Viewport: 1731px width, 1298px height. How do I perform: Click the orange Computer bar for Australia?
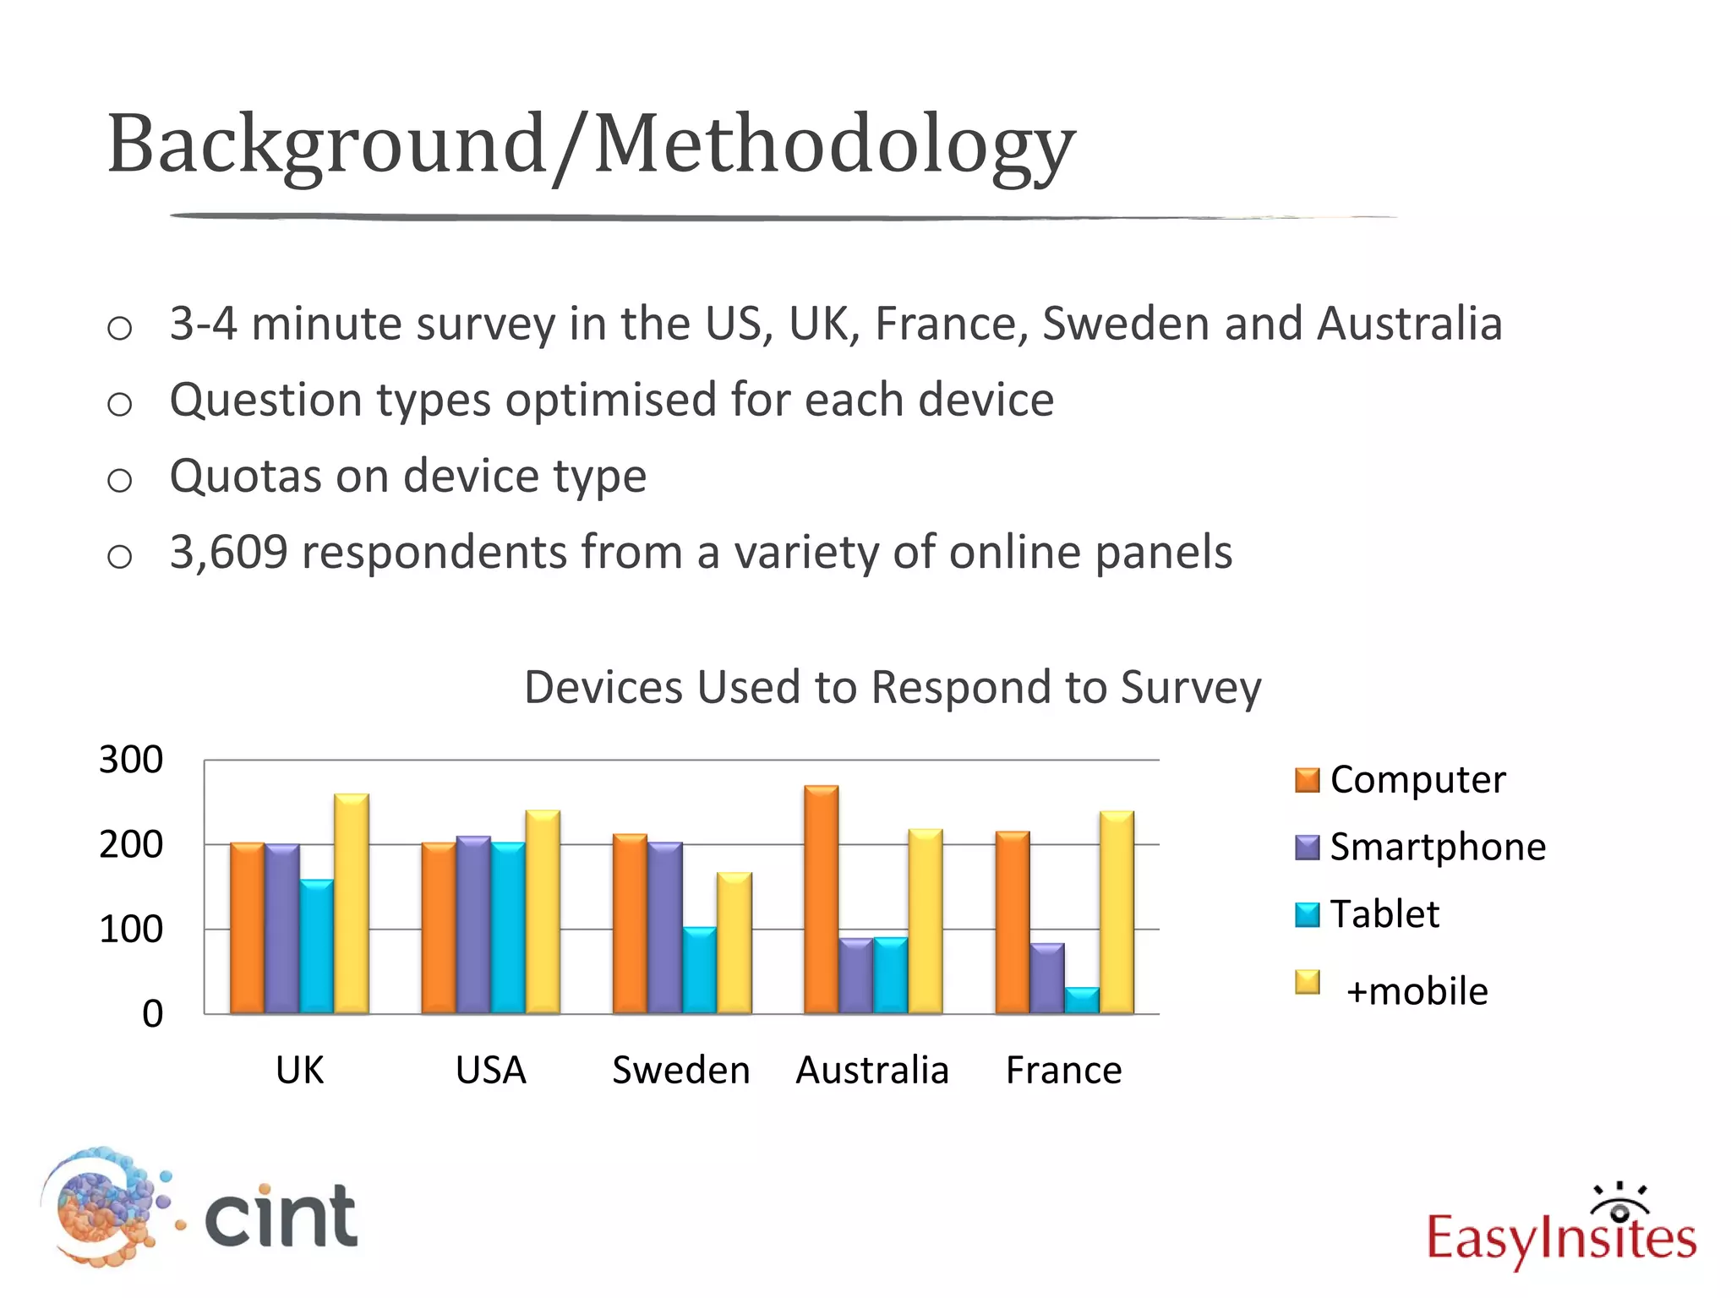(821, 899)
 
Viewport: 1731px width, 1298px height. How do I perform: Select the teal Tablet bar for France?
(1082, 1000)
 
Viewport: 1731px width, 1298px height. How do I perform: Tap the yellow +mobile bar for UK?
(351, 903)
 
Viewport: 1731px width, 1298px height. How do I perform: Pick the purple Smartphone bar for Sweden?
(665, 927)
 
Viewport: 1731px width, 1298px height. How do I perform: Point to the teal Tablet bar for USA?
(508, 927)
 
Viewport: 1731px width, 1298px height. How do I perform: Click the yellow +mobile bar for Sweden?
(734, 942)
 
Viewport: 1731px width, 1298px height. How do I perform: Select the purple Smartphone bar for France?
(1047, 978)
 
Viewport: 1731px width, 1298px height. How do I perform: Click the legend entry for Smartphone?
(1437, 847)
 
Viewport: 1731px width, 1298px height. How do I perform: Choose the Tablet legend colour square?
(1307, 914)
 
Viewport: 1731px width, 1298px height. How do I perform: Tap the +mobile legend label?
(1417, 990)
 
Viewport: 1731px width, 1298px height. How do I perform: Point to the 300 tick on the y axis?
(131, 760)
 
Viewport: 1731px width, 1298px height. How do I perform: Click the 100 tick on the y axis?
(131, 929)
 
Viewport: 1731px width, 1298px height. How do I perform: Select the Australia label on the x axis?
(872, 1070)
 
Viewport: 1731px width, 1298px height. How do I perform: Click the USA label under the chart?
(490, 1070)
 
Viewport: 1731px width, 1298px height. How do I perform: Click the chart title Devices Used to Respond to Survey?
(892, 686)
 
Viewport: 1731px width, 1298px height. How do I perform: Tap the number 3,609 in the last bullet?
(228, 552)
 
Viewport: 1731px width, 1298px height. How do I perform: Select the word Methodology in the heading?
(833, 145)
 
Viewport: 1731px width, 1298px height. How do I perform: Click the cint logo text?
(281, 1216)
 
